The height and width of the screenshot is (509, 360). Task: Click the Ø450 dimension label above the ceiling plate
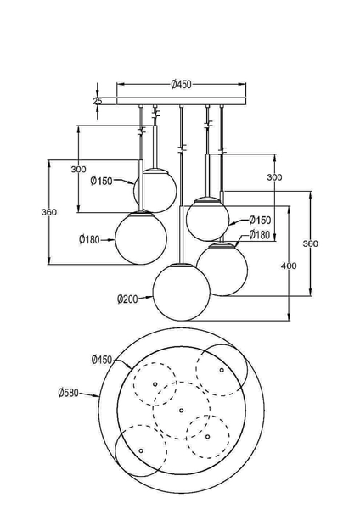tap(181, 83)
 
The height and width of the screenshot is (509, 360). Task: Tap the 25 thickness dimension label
tap(98, 101)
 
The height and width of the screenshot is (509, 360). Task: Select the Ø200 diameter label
tap(128, 299)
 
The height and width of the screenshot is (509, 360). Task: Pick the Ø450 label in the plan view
tap(102, 360)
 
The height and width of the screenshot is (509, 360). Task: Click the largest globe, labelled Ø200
tap(181, 290)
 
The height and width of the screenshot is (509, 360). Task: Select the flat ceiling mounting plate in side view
tap(181, 103)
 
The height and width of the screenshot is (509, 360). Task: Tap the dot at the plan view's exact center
tap(181, 411)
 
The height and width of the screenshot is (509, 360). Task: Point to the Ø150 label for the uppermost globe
tap(102, 181)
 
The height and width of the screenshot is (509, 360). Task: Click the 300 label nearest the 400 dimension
tap(274, 177)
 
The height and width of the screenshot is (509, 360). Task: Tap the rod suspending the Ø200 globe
tap(181, 187)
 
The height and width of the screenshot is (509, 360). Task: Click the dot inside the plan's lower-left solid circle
tap(141, 450)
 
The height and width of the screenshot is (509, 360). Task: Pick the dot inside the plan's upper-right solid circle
tap(222, 371)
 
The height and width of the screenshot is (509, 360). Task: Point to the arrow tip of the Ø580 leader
tap(100, 398)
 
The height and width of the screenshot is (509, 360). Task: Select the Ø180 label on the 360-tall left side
tap(90, 239)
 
